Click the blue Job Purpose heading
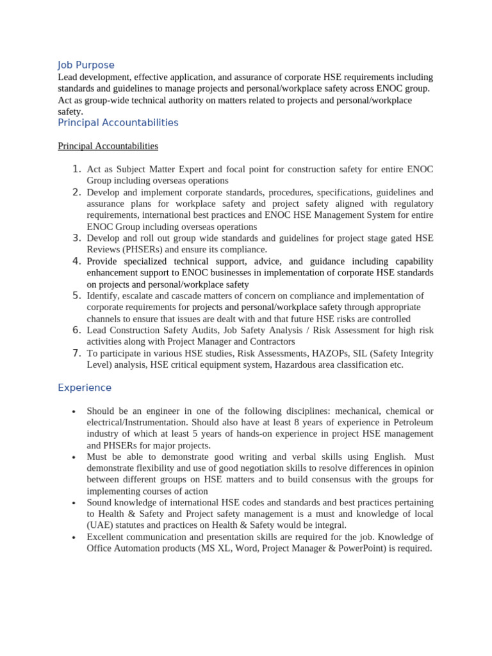(86, 65)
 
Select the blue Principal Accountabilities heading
(118, 122)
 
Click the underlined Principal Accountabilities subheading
(108, 146)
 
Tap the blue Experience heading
(85, 388)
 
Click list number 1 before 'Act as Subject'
(76, 169)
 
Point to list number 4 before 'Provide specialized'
(76, 261)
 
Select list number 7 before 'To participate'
(76, 353)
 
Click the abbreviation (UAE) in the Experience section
(99, 525)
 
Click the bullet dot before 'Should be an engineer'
(74, 411)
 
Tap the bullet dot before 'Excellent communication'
(74, 537)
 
